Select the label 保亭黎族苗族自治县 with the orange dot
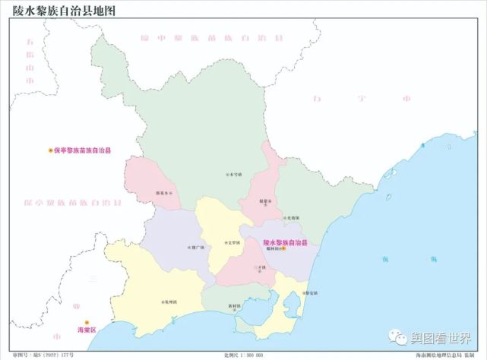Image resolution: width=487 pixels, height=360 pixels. [x=83, y=150]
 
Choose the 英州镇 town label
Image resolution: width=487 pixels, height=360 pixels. [x=169, y=302]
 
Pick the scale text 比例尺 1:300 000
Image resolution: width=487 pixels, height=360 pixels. [x=243, y=355]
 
